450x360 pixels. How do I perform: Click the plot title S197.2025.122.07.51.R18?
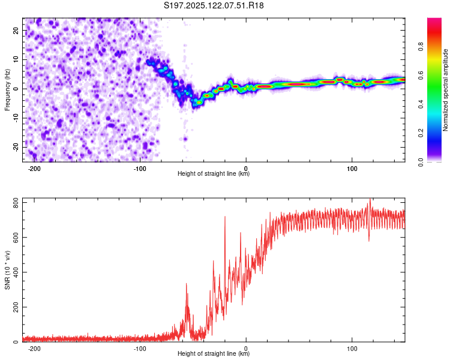(x=214, y=5)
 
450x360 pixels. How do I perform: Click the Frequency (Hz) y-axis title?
(x=7, y=90)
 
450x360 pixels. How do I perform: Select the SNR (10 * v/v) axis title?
(x=7, y=270)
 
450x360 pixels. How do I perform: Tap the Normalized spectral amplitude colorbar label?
(x=445, y=90)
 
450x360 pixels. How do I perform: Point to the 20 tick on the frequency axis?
(x=16, y=30)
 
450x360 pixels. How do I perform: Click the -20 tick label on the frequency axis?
(x=16, y=147)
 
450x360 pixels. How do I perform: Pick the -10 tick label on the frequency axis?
(x=16, y=118)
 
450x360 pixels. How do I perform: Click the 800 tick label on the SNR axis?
(x=16, y=203)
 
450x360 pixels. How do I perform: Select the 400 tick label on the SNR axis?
(x=16, y=272)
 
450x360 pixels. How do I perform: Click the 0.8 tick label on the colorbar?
(x=421, y=47)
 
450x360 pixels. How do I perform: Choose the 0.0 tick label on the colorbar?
(x=421, y=162)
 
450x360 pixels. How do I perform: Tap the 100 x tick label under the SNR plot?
(x=352, y=349)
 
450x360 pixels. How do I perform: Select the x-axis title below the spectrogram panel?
(x=214, y=173)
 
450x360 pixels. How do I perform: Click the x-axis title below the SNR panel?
(x=214, y=353)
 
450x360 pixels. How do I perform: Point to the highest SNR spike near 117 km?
(x=370, y=199)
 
